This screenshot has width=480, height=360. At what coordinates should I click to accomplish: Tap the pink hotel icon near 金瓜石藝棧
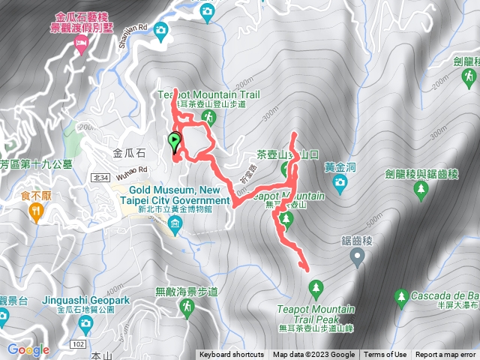point(80,46)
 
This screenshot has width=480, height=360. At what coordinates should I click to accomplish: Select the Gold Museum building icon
point(175,223)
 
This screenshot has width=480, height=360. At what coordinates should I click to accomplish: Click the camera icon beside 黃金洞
point(341,181)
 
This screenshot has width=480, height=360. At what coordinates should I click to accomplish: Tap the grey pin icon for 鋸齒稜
point(357,257)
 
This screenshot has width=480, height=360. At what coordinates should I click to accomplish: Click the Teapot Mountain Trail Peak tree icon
point(316,287)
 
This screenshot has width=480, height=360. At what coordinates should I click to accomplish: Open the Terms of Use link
point(385,355)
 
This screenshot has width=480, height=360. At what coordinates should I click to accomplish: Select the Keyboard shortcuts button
point(232,355)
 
